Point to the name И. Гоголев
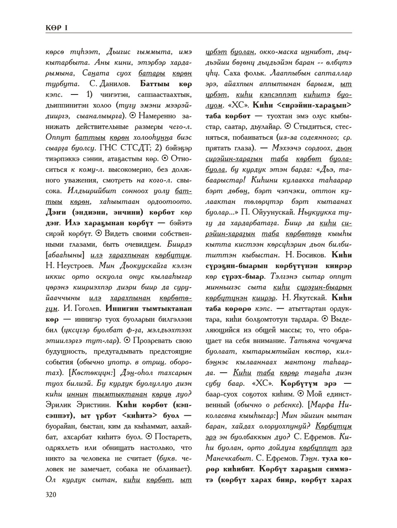click(x=81, y=309)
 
